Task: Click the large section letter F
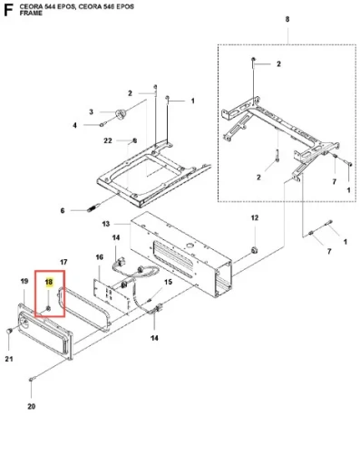tap(8, 10)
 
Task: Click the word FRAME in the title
tap(31, 14)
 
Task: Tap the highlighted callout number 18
tap(49, 282)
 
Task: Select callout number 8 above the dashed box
tap(287, 19)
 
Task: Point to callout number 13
tap(106, 224)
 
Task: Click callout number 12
tap(255, 217)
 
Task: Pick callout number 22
tap(108, 140)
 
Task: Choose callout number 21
tap(9, 359)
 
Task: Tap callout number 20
tap(32, 407)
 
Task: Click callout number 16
tap(100, 257)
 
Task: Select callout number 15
tap(168, 282)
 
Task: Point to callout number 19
tap(24, 281)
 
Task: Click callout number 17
tap(63, 262)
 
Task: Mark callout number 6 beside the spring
tap(63, 210)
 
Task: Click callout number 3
tap(91, 112)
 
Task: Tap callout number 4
tap(74, 125)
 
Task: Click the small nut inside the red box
tap(48, 308)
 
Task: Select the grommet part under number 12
tap(254, 250)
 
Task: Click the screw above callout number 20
tap(32, 379)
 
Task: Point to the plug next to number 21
tap(9, 331)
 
